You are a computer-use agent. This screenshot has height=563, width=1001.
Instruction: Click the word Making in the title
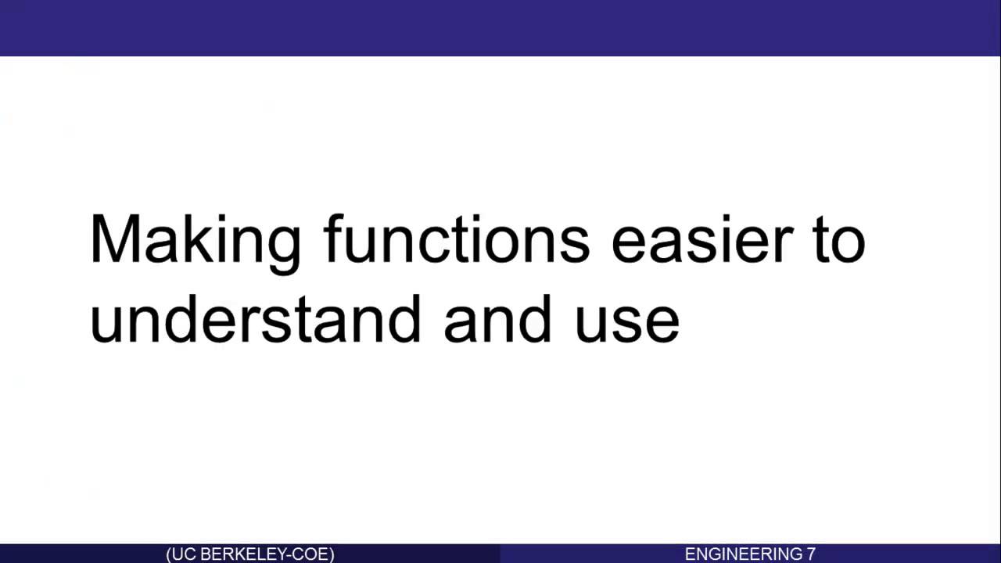(x=195, y=240)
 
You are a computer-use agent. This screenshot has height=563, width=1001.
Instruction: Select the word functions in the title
(x=457, y=238)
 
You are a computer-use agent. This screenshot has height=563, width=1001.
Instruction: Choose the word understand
(x=255, y=319)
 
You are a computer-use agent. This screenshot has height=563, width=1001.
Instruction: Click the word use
(x=627, y=321)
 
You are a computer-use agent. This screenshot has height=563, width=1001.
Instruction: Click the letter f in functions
(x=335, y=238)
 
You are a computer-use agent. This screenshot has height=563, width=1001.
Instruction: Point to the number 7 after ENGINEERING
(x=811, y=554)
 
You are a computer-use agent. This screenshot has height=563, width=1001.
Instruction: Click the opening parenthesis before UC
(x=169, y=554)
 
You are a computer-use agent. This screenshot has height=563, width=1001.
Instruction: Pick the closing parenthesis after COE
(x=331, y=554)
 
